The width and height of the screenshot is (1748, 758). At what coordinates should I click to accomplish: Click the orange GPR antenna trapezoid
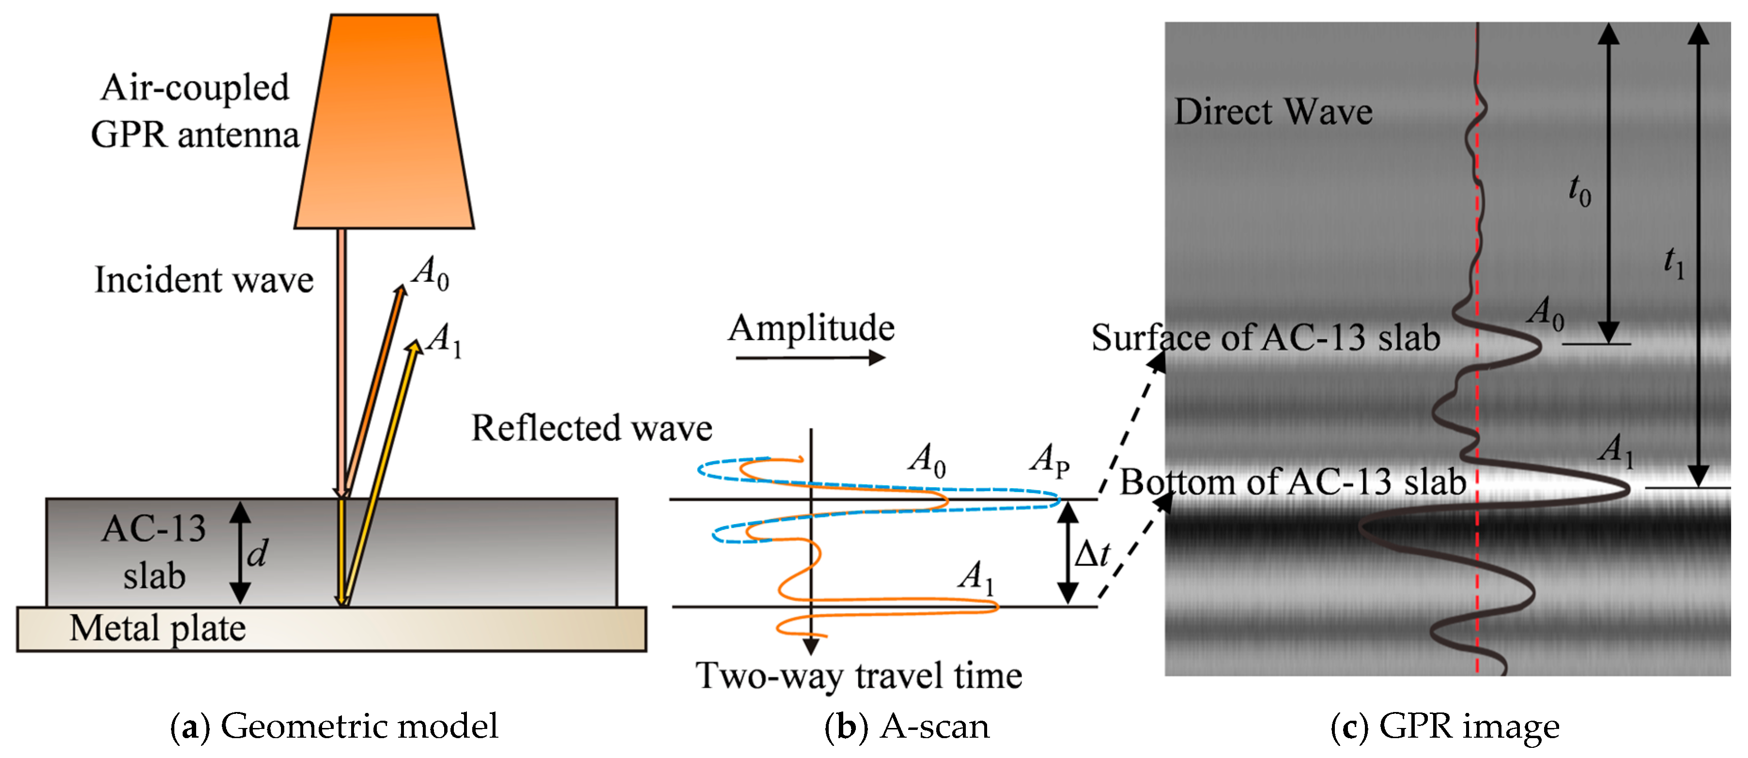coord(384,122)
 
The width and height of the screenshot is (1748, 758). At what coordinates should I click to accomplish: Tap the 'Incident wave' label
coord(203,279)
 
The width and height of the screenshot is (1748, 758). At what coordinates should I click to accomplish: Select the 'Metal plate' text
coord(157,628)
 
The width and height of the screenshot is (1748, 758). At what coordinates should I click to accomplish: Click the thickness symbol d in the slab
coord(257,553)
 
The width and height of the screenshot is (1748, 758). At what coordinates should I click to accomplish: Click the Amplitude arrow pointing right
coord(810,357)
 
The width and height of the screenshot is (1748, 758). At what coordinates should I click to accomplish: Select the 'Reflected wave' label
coord(592,428)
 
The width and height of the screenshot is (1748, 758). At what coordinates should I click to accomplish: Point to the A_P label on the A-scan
coord(1049,460)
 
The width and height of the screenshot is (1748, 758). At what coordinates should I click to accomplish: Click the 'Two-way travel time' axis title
coord(858,675)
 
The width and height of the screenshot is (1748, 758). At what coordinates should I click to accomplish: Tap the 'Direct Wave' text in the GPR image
coord(1273,111)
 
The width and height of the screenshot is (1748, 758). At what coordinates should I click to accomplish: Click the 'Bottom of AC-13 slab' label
coord(1293,482)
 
